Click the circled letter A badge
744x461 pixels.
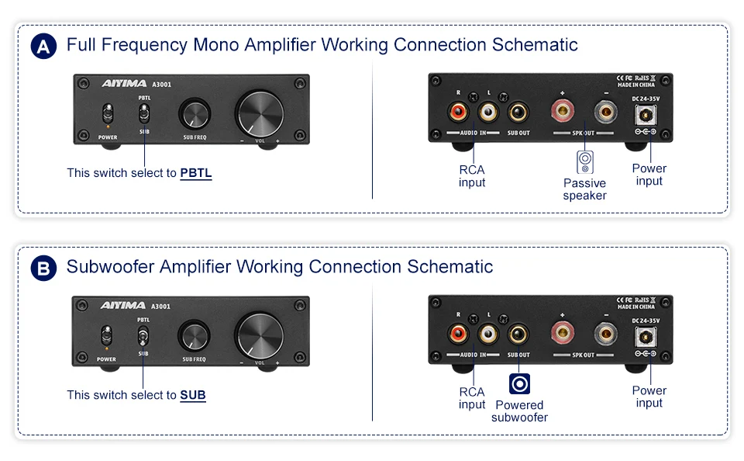[43, 47]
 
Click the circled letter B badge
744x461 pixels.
[43, 269]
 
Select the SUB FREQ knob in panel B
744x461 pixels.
[194, 337]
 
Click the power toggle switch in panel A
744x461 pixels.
[108, 115]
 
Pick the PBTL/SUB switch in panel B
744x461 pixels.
[143, 338]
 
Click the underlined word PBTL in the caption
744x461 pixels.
[196, 173]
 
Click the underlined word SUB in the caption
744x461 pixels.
[193, 395]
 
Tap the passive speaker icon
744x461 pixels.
[585, 161]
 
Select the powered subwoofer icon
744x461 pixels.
[519, 383]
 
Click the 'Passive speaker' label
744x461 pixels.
[585, 189]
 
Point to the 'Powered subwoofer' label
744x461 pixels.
[519, 411]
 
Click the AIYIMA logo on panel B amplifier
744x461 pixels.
[122, 306]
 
